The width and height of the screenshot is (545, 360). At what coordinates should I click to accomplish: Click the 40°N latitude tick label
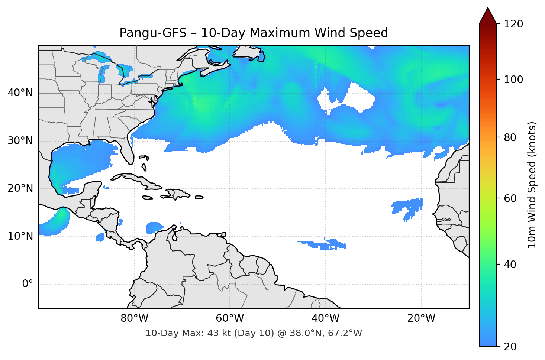coord(20,93)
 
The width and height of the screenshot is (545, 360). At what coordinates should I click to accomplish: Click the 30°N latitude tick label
coord(20,141)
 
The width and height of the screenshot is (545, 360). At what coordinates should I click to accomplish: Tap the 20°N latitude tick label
coord(20,188)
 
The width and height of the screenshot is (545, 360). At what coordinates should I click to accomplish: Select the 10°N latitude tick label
coord(20,236)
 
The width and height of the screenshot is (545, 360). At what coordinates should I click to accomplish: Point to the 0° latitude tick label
coord(27,284)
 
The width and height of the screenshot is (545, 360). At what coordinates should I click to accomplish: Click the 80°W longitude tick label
coord(134,318)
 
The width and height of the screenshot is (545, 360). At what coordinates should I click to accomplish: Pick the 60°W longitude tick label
coord(230,318)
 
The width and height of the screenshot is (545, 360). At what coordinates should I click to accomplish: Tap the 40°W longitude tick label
coord(325,318)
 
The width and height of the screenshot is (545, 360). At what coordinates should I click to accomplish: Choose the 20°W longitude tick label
coord(421,318)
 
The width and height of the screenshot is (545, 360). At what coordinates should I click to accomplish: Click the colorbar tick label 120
coord(513,24)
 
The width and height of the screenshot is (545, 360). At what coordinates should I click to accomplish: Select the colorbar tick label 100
coord(513,80)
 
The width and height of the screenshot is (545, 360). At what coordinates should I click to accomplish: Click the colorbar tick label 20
coord(510,347)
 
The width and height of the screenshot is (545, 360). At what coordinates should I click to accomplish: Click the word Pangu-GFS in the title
coord(152,33)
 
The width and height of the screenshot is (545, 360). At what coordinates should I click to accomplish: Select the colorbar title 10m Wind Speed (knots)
coord(532,185)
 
